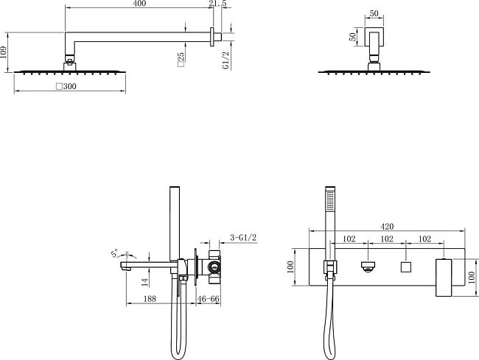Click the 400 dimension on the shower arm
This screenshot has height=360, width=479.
point(140,4)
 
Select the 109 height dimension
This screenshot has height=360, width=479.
point(3,52)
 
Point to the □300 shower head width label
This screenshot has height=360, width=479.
point(66,86)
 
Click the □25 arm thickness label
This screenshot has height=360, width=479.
point(181,60)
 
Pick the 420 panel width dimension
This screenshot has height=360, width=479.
point(387,227)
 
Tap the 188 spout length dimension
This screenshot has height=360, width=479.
point(150,299)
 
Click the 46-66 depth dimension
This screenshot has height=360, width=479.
point(209,299)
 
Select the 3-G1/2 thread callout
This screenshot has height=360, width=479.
point(243,237)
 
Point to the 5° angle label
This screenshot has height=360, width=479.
point(114,253)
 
